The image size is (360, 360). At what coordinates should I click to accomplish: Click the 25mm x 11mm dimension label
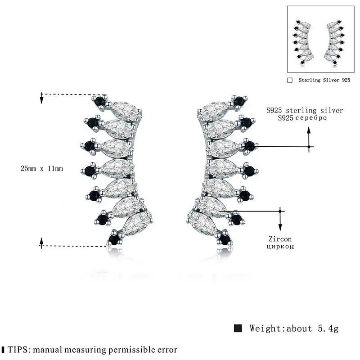coord(41,168)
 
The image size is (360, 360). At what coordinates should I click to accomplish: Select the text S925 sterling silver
coord(305,110)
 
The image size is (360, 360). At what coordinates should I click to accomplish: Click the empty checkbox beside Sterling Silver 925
coord(290,80)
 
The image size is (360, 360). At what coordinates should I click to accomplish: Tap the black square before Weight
coord(238,328)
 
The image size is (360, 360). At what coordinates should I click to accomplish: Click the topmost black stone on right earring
coord(238,101)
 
